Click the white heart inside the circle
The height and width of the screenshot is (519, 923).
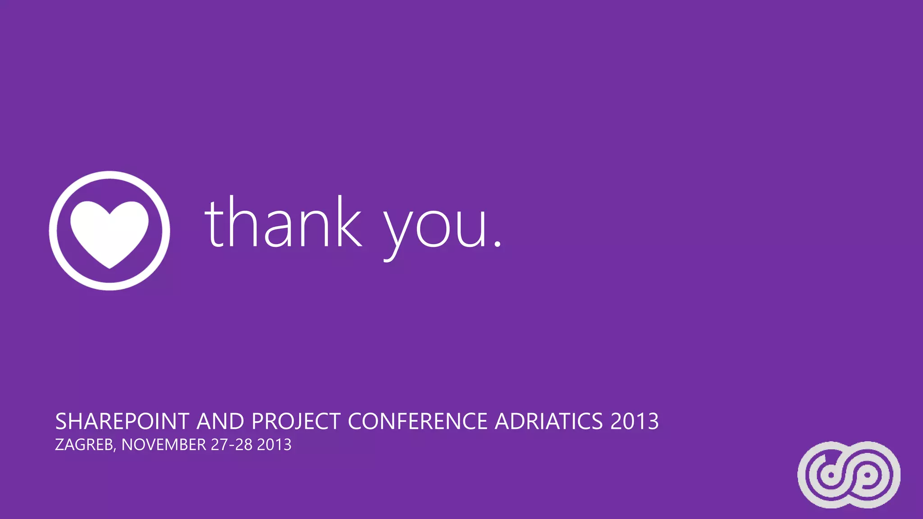tap(110, 232)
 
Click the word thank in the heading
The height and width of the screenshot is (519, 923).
tap(283, 223)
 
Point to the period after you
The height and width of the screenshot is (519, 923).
tap(497, 244)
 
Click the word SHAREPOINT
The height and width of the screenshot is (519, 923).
tap(122, 422)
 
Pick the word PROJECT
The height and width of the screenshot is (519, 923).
tap(296, 422)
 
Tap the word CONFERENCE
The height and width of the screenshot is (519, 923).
tap(417, 422)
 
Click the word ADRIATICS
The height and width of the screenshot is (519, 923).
tap(548, 422)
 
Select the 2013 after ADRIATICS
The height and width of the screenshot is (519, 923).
tap(635, 422)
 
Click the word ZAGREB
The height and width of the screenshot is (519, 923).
tap(84, 445)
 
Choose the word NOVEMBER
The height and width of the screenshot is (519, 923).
tap(164, 445)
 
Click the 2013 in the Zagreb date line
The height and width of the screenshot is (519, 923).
tap(274, 445)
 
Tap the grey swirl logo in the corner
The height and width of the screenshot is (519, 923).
tap(849, 474)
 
